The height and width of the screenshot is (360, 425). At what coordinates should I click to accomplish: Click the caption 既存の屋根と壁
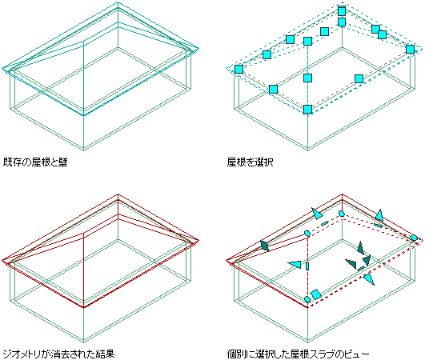click(35, 162)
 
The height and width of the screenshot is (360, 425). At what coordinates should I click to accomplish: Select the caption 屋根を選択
click(251, 162)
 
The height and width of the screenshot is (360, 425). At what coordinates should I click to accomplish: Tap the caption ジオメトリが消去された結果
click(58, 354)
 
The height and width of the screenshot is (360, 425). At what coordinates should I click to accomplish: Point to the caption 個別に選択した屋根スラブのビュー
click(299, 354)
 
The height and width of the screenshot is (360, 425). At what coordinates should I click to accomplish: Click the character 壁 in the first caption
click(63, 162)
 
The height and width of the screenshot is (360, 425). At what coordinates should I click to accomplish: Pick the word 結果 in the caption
click(106, 354)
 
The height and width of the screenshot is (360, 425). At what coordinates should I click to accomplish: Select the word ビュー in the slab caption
click(356, 354)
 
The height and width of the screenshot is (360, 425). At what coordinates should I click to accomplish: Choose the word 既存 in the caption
click(12, 162)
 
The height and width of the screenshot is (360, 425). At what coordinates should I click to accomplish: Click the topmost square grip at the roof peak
click(342, 11)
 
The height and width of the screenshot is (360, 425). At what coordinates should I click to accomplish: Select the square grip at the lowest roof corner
click(307, 109)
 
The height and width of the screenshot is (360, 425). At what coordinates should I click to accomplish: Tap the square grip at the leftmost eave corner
click(239, 69)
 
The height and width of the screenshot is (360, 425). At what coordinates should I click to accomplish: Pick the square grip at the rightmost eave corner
click(410, 49)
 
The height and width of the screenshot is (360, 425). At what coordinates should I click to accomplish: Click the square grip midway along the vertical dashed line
click(307, 78)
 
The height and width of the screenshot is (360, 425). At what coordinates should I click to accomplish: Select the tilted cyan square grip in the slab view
click(316, 294)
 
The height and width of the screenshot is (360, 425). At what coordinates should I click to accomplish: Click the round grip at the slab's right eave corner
click(414, 238)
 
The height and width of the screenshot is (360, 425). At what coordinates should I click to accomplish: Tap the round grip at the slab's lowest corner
click(307, 299)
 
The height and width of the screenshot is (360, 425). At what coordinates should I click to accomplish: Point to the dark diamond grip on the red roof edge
click(264, 246)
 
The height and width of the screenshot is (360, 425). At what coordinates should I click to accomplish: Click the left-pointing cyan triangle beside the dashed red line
click(295, 264)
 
